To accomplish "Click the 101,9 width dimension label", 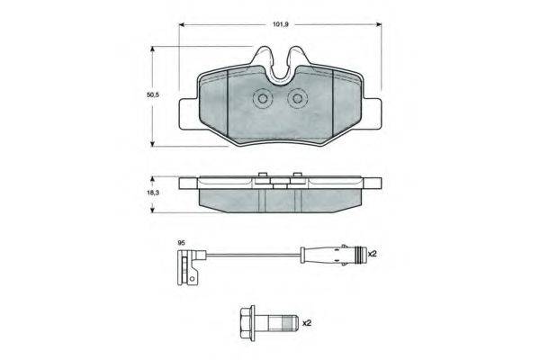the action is click(x=280, y=24).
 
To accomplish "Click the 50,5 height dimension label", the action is click(x=153, y=95).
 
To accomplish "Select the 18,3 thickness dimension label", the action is click(x=153, y=193).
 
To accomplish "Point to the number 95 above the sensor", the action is click(x=181, y=243).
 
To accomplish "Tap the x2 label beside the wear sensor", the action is click(x=373, y=254).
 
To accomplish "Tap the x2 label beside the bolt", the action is click(x=307, y=323).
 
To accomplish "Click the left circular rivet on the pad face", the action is click(x=263, y=99).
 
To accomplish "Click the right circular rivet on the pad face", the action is click(x=297, y=99).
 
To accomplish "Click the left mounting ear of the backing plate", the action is click(x=189, y=113).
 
